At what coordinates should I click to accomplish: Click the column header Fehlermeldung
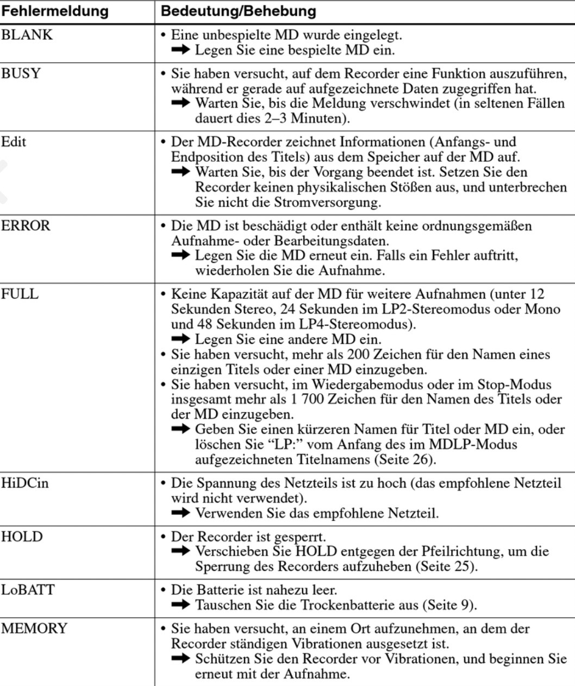(54, 11)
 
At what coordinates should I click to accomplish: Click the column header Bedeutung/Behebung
(239, 11)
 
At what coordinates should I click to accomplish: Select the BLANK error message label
(27, 35)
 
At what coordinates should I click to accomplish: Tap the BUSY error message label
(21, 73)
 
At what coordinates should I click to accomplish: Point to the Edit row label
(14, 142)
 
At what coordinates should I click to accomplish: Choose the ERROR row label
(26, 226)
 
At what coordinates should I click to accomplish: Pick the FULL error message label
(20, 294)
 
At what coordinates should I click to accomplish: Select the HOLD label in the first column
(22, 537)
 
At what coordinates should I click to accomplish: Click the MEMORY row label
(34, 628)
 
